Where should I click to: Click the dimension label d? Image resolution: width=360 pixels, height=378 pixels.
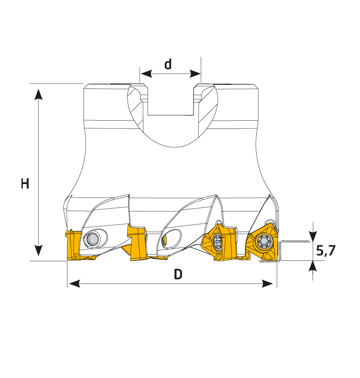point(168,64)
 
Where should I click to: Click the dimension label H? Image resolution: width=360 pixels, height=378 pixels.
point(25,184)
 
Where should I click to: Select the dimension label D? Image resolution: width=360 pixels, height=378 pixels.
point(178,274)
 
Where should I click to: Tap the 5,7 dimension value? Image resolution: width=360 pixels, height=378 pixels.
point(326,251)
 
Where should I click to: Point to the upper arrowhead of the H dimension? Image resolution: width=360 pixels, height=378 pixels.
point(38,94)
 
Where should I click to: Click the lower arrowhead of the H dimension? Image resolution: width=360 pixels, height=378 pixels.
point(38,251)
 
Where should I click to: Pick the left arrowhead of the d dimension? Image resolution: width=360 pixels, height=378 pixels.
point(146,74)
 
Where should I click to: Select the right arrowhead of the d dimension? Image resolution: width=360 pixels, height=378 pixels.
point(195,74)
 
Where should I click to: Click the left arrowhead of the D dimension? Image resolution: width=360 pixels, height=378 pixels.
point(74,284)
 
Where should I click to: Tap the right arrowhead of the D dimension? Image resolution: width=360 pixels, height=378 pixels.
point(267,284)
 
